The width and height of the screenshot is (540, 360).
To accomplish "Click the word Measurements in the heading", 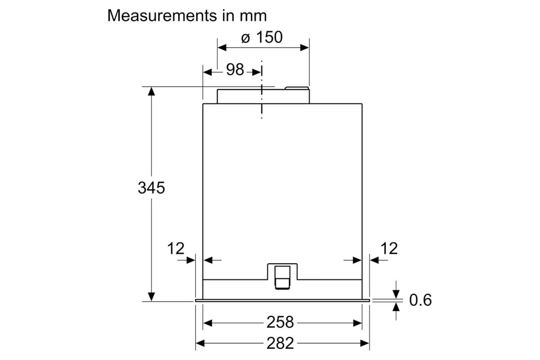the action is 162,16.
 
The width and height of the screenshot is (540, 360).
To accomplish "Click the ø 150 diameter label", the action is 262,37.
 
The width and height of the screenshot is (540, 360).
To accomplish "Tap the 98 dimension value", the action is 235,69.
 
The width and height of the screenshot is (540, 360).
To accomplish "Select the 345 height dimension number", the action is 151,188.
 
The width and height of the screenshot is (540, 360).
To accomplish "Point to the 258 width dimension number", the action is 280,322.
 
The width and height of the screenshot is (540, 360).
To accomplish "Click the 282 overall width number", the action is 280,343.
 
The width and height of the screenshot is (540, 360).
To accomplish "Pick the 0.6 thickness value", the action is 420,300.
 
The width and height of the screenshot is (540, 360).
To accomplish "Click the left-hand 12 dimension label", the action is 176,248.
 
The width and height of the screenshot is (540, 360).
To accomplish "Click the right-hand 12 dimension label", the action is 389,248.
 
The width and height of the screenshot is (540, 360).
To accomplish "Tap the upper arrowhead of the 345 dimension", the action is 151,91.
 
